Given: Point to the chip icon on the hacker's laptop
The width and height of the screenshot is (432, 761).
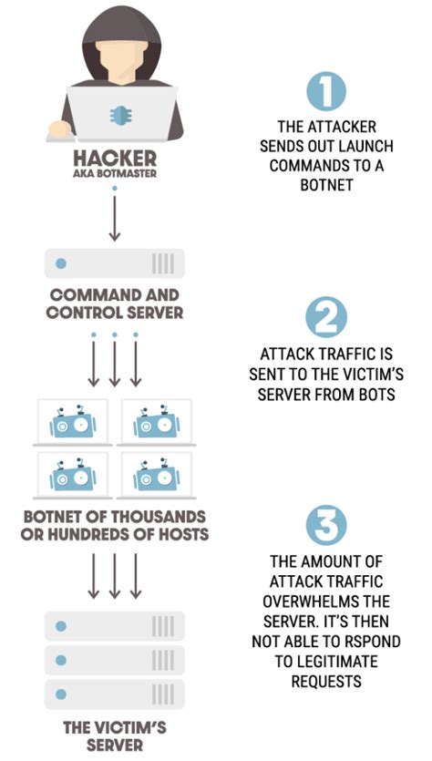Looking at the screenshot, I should click(x=115, y=113).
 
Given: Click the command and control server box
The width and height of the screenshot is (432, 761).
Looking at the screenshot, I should click(x=115, y=264).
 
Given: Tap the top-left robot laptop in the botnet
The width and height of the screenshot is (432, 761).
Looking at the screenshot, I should click(x=71, y=422).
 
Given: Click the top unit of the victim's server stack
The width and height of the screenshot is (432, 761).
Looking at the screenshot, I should click(x=115, y=626).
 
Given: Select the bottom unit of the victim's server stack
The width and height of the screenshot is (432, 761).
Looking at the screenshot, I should click(x=115, y=690).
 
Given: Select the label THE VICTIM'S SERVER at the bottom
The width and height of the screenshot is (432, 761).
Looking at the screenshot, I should click(x=115, y=736).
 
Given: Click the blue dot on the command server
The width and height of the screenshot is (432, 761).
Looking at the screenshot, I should click(x=62, y=264).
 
